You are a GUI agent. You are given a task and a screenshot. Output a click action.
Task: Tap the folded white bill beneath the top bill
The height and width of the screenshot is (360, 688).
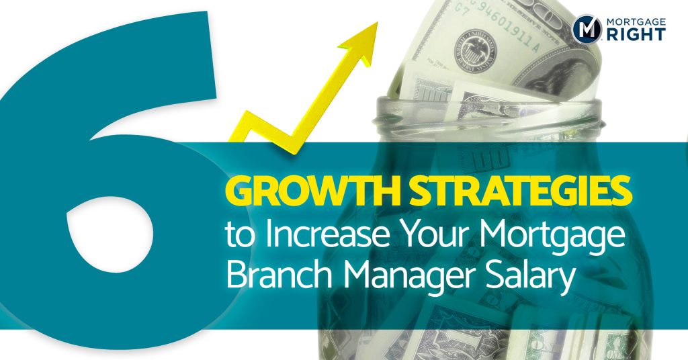tap(457, 87)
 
